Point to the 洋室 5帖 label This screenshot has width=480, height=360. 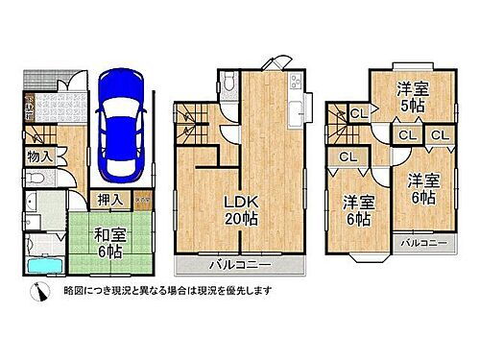414,97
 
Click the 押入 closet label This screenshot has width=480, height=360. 109,200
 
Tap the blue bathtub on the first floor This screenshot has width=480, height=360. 42,266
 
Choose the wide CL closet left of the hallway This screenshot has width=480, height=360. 348,156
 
